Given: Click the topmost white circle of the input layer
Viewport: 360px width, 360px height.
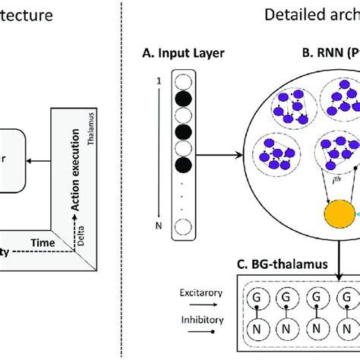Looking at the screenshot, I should pyautogui.click(x=182, y=81).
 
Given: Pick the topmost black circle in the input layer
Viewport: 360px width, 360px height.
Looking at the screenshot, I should pyautogui.click(x=182, y=101).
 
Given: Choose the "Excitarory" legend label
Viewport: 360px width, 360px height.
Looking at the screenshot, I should pyautogui.click(x=182, y=292).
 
